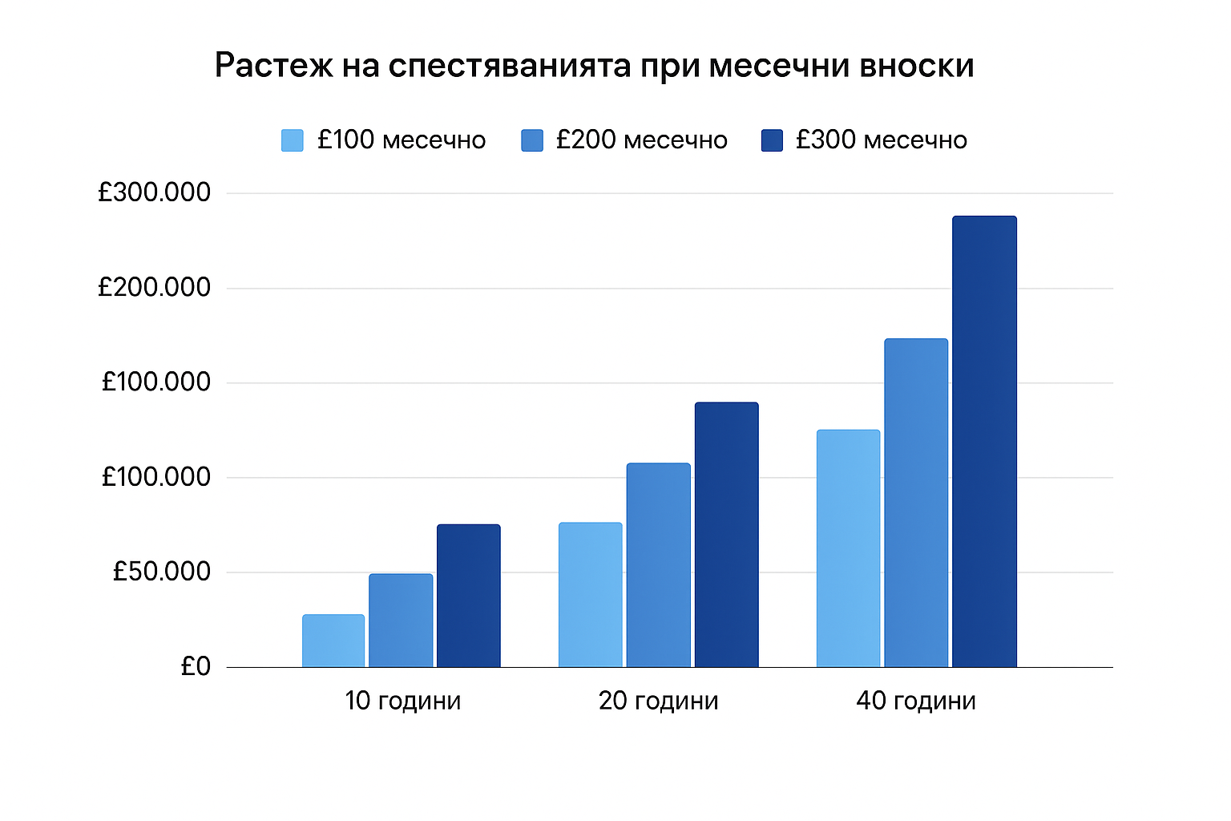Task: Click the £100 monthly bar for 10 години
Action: click(x=333, y=641)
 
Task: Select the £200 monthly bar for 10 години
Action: click(x=401, y=621)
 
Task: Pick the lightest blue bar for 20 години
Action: click(x=591, y=595)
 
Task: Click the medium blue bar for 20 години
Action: click(x=658, y=565)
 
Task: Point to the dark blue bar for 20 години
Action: click(x=726, y=535)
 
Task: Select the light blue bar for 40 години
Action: click(x=848, y=548)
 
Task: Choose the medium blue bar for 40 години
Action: click(x=916, y=503)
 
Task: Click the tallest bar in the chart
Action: click(x=984, y=441)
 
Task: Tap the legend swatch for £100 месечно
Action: click(x=293, y=140)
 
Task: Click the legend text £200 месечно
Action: click(x=641, y=140)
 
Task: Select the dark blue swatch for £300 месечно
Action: click(x=772, y=140)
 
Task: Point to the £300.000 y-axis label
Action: click(x=154, y=192)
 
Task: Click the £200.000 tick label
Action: click(x=154, y=287)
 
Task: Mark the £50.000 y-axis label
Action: click(x=161, y=572)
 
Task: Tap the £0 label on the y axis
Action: click(x=196, y=666)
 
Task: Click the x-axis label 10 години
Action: click(x=403, y=701)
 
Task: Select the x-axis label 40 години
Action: click(x=916, y=701)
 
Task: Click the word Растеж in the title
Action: click(x=273, y=66)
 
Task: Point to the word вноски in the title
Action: click(x=917, y=66)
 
